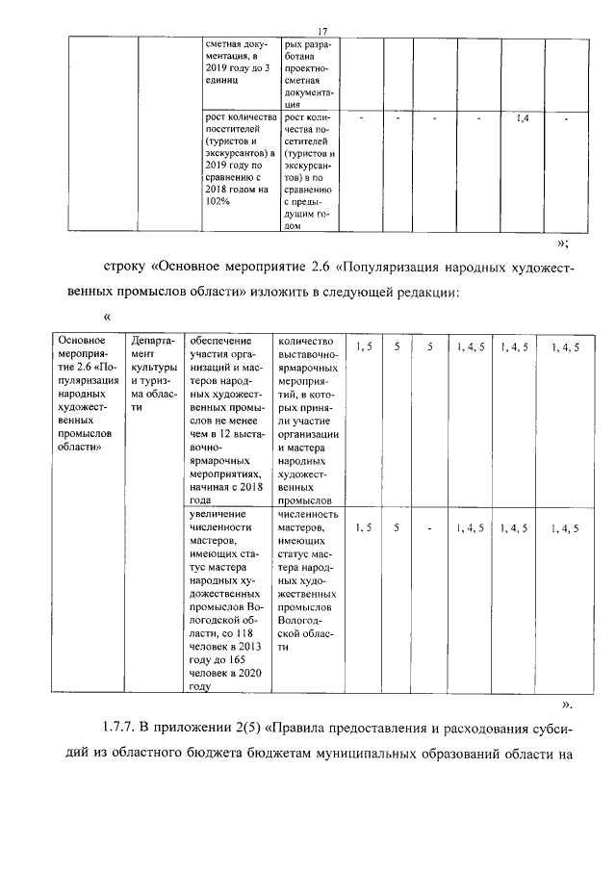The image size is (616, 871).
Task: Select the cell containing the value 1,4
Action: [522, 118]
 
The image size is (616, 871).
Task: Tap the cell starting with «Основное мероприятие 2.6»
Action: [88, 395]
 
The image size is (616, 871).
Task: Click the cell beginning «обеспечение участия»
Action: [230, 420]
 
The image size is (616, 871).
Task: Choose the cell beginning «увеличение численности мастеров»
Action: [230, 602]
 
